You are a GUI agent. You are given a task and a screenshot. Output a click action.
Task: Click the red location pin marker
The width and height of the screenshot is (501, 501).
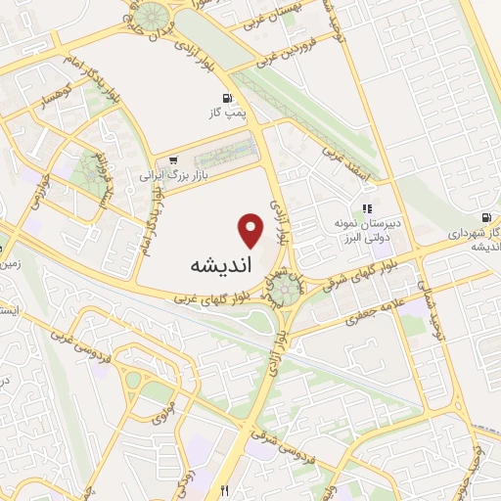point(251,230)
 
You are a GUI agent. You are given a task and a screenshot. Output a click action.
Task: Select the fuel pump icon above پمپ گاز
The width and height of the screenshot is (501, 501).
point(228,98)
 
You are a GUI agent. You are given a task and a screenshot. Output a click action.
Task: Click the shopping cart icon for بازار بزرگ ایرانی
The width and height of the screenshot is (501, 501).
point(173,160)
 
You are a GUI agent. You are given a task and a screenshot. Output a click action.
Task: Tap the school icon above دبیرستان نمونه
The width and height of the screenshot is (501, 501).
point(367,207)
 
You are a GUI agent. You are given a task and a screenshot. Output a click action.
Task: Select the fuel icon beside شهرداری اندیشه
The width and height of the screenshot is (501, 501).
point(486,216)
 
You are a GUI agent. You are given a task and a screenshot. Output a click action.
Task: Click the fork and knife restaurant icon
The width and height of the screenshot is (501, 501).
point(226,489)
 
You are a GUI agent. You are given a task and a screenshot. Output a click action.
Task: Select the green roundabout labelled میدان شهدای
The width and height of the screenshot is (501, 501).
point(286,286)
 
